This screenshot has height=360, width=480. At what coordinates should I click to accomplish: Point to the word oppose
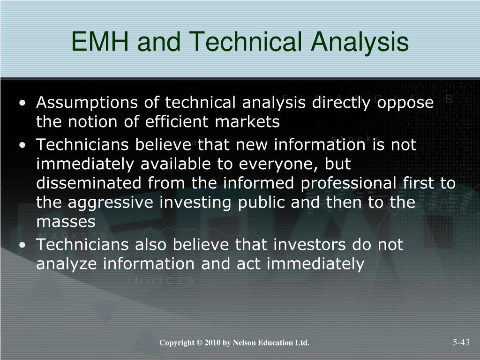(x=406, y=103)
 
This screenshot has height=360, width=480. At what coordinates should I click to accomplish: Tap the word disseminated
(x=90, y=183)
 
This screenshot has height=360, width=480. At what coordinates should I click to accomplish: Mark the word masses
(x=66, y=222)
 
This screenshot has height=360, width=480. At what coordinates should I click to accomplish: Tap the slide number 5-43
(x=461, y=342)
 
